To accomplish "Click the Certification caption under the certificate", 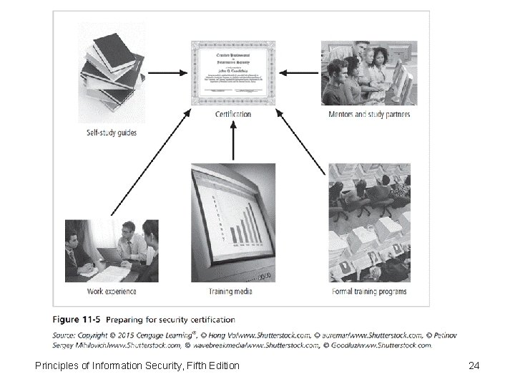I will point(233,114).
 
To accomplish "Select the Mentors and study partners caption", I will point(369,114).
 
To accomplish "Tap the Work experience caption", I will point(112,292).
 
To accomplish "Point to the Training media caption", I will point(230,292).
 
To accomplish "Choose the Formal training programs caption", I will point(369,292).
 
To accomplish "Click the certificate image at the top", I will point(233,70).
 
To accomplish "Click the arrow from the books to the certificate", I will point(168,72).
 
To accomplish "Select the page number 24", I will point(473,366).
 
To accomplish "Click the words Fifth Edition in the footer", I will point(213,366).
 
